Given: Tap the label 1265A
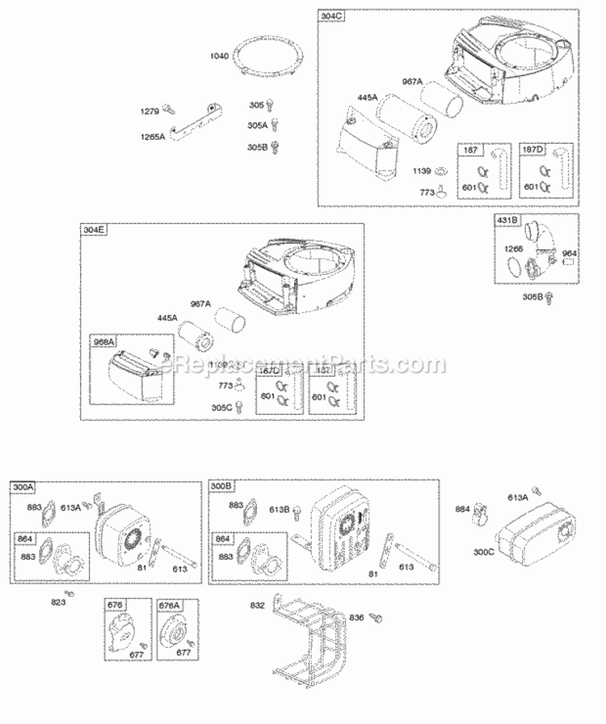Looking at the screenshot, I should pos(152,137).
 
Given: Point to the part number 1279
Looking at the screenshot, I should pos(150,111).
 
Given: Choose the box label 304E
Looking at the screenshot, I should pos(94,231).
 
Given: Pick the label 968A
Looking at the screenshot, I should pos(105,342).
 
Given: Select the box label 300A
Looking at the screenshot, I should pos(23,487).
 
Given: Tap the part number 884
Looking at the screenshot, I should pos(463,509).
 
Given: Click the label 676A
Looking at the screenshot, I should pos(170,603).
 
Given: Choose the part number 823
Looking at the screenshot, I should pos(58,601).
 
